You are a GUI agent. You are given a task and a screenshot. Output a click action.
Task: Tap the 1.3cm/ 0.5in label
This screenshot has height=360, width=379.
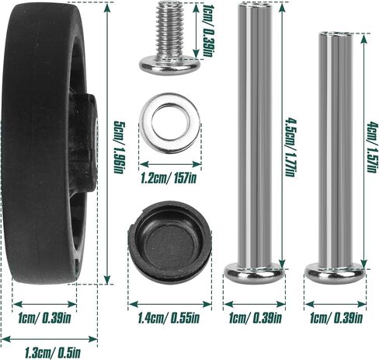pyautogui.click(x=53, y=352)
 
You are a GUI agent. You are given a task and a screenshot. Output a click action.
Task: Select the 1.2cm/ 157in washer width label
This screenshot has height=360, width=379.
pyautogui.click(x=169, y=178)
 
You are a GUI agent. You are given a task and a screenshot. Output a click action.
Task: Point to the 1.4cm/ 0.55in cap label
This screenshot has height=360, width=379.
pyautogui.click(x=169, y=318)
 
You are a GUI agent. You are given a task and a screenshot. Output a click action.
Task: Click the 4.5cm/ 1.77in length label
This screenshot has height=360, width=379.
pyautogui.click(x=290, y=148)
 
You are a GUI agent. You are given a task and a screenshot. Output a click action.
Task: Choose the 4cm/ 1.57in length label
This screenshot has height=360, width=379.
pyautogui.click(x=372, y=147)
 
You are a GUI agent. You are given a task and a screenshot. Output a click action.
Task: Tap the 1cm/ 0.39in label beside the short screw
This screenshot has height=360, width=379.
pyautogui.click(x=208, y=30)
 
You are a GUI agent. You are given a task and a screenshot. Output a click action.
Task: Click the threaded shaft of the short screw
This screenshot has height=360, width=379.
pyautogui.click(x=169, y=29)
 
